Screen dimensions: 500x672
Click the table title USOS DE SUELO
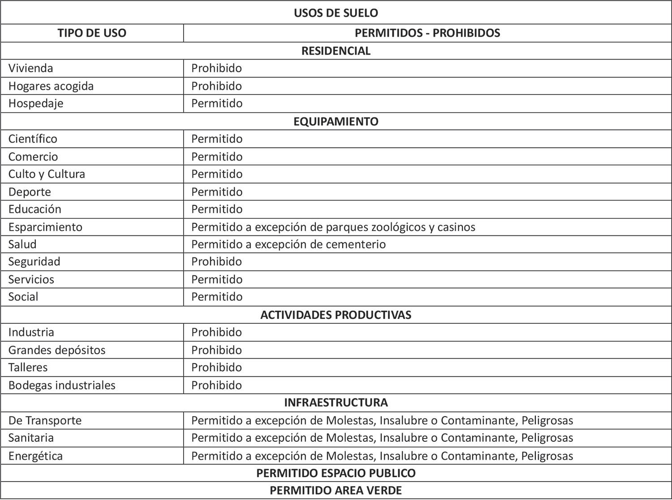(x=336, y=13)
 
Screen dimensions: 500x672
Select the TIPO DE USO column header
(x=92, y=33)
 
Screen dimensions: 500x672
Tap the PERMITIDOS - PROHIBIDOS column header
(x=427, y=33)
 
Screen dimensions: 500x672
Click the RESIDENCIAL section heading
(x=336, y=51)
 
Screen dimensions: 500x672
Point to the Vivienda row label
(x=30, y=68)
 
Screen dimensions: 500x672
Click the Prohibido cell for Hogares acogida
(x=216, y=86)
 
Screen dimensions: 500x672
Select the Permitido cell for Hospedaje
(x=217, y=104)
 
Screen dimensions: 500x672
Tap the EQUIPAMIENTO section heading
(x=336, y=122)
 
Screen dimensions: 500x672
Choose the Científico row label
(x=33, y=139)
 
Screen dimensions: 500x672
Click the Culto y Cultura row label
(x=47, y=174)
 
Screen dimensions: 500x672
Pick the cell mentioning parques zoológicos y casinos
(x=333, y=227)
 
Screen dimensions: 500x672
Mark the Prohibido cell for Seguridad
(x=216, y=262)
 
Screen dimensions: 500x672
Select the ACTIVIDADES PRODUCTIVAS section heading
(x=336, y=315)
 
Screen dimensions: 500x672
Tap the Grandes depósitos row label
(x=57, y=350)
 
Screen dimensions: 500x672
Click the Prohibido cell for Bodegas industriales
(x=216, y=385)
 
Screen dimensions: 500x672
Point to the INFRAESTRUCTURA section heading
(x=336, y=402)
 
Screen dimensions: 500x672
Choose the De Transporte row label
(x=45, y=421)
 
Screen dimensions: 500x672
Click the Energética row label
(x=35, y=456)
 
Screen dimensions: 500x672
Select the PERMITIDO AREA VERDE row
(x=336, y=491)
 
